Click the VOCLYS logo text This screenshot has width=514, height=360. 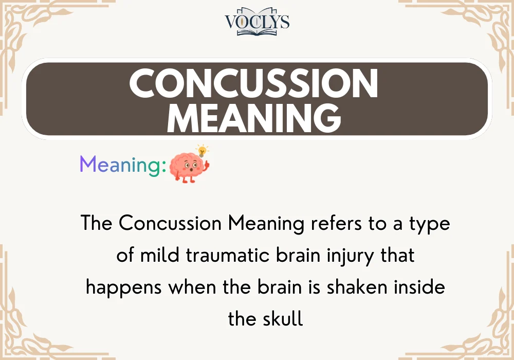pyautogui.click(x=257, y=21)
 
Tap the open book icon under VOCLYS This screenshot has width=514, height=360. pyautogui.click(x=257, y=31)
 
